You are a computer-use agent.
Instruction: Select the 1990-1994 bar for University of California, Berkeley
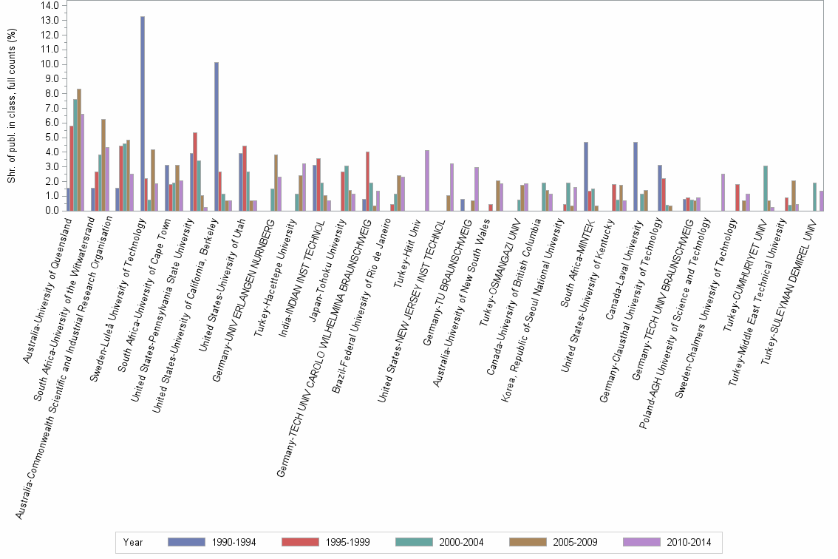(x=217, y=136)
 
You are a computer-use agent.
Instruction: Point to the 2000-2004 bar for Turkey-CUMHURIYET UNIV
(x=766, y=188)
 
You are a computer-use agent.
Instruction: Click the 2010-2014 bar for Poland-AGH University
(x=723, y=192)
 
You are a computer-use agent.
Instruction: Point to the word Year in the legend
(x=134, y=543)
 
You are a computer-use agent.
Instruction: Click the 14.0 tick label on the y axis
(x=50, y=5)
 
